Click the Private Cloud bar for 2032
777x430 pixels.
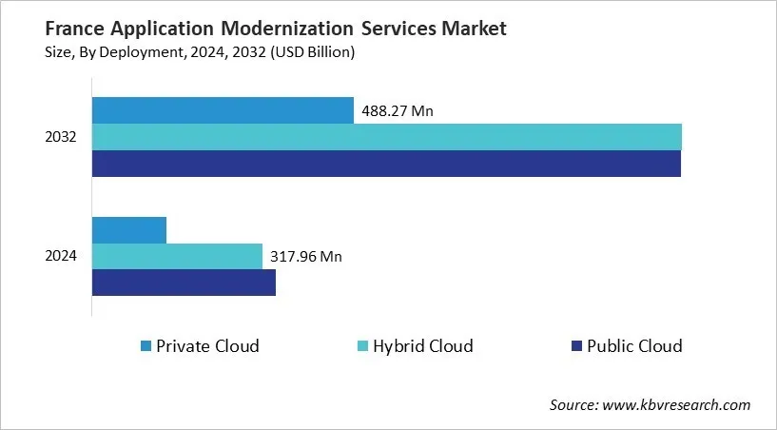click(x=223, y=110)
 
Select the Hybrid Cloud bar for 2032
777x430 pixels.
click(x=386, y=137)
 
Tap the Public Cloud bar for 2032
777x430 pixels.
click(x=386, y=164)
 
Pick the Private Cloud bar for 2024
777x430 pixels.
click(x=129, y=230)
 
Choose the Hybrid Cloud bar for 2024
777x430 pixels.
click(x=177, y=256)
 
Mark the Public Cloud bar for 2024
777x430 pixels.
click(x=184, y=283)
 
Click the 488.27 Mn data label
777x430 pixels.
click(x=397, y=111)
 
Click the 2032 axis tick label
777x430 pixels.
click(x=61, y=137)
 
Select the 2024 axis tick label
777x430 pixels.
click(x=61, y=256)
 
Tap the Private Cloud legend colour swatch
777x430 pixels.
click(x=145, y=346)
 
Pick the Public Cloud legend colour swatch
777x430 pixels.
click(x=574, y=346)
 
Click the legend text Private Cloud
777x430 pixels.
click(x=207, y=346)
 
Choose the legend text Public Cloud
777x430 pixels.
click(x=634, y=346)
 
